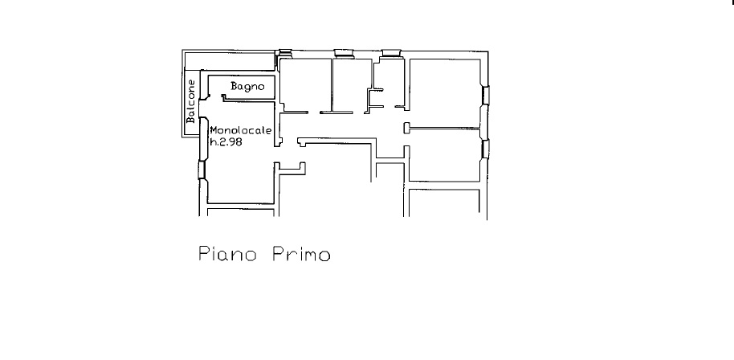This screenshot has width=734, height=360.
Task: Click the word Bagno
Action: click(247, 87)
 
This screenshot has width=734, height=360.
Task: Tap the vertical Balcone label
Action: click(190, 101)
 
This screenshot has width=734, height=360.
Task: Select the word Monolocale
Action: click(241, 131)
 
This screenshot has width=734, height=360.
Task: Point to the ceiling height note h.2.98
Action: click(226, 142)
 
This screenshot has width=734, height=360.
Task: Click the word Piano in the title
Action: click(227, 253)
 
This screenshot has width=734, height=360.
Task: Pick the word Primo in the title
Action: click(301, 254)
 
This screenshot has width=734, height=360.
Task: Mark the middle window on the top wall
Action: click(344, 53)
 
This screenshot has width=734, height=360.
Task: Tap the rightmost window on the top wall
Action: click(391, 53)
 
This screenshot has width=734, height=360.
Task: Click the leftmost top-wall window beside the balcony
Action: click(284, 53)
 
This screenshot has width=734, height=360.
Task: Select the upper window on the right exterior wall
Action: click(486, 95)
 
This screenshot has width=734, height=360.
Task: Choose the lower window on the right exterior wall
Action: click(485, 149)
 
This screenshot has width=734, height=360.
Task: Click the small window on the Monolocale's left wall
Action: click(202, 170)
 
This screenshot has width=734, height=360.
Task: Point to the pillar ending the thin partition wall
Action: click(407, 128)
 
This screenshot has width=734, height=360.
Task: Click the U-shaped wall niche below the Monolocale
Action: click(290, 169)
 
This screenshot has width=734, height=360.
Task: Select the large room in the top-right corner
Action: click(445, 92)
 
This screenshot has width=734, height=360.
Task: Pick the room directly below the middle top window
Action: click(353, 84)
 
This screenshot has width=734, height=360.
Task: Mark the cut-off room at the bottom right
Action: click(444, 202)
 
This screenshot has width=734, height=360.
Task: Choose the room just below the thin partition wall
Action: click(445, 154)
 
